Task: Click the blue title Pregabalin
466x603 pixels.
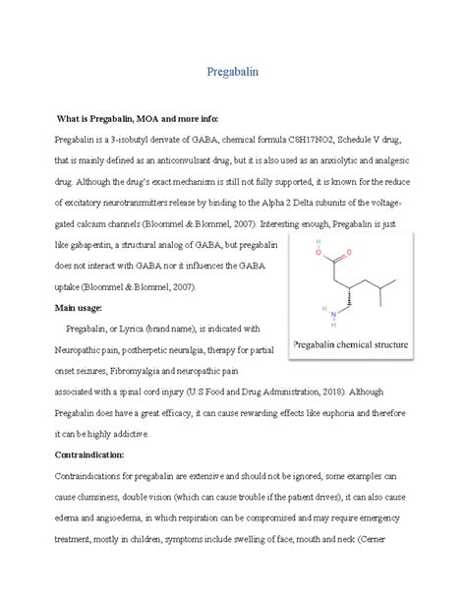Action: [x=232, y=73]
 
